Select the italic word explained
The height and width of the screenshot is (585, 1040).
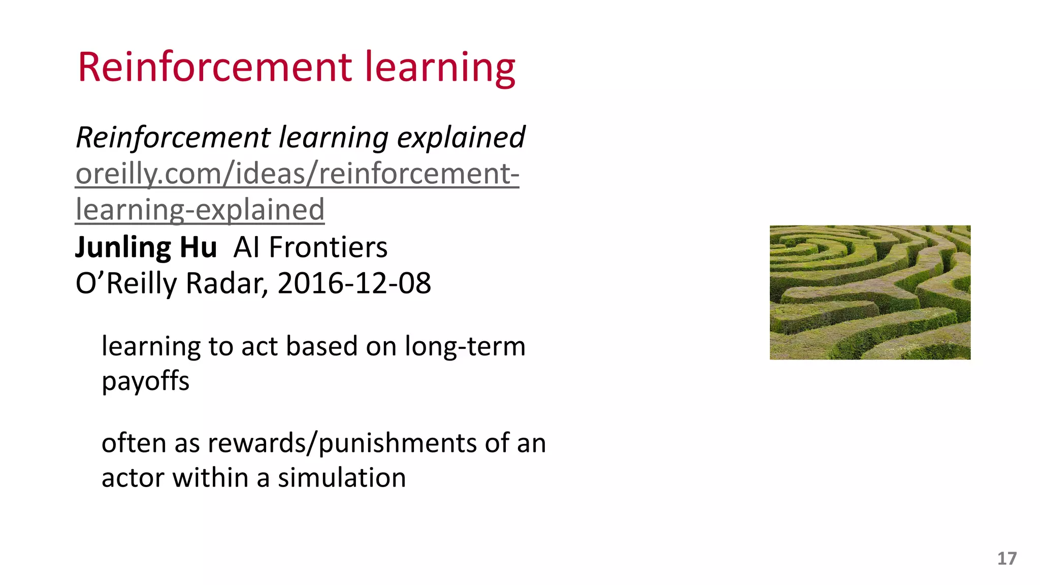click(461, 137)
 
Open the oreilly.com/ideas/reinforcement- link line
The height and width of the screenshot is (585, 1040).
click(297, 174)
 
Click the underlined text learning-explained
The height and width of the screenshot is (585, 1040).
click(200, 210)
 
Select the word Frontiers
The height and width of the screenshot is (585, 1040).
click(328, 247)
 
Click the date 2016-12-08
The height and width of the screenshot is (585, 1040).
click(354, 283)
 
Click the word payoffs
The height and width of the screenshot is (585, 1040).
click(145, 381)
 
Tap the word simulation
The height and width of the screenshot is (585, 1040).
click(342, 478)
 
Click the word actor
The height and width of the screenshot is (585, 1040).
click(133, 478)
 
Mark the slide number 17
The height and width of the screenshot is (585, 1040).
click(1006, 559)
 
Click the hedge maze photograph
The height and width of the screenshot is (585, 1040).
click(870, 292)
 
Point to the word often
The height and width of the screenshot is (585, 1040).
click(134, 443)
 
